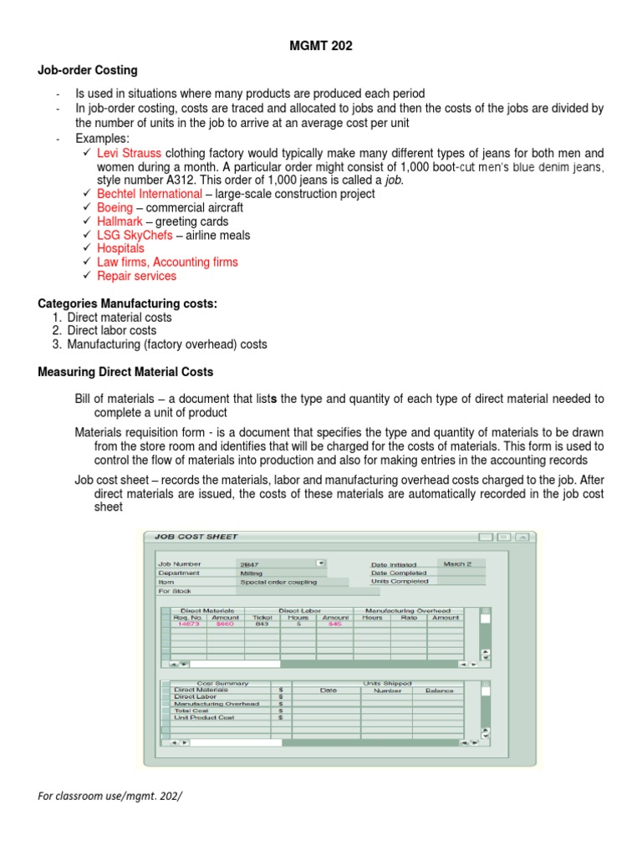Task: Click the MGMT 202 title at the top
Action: click(x=320, y=46)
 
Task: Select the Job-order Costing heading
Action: click(x=88, y=70)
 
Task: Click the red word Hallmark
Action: click(x=120, y=222)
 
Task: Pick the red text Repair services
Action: click(x=136, y=276)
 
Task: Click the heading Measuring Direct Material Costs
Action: click(x=125, y=372)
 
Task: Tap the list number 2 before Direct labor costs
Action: click(x=56, y=331)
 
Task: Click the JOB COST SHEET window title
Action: click(x=191, y=537)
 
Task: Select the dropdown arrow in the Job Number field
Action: click(x=320, y=563)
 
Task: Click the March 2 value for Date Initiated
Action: click(x=456, y=564)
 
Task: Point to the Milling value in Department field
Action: click(x=251, y=573)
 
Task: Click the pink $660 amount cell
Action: click(x=225, y=624)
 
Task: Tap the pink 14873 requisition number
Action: click(x=189, y=624)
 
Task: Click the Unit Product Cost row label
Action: click(x=204, y=717)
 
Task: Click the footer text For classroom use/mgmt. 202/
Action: click(x=110, y=796)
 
